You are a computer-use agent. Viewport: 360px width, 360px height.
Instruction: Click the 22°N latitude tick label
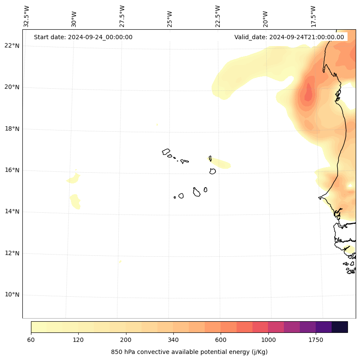point(12,46)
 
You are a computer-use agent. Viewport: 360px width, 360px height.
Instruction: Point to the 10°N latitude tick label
point(12,295)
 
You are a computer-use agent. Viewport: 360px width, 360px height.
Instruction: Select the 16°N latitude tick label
point(12,170)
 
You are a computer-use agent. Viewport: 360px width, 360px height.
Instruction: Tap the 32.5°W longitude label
point(27,16)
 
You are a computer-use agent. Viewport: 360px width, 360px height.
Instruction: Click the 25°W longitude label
point(170,19)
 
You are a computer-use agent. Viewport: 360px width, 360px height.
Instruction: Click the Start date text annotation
point(83,37)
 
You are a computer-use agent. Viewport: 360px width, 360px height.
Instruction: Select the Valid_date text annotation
point(289,37)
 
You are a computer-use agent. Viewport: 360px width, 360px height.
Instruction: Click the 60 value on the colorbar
point(31,340)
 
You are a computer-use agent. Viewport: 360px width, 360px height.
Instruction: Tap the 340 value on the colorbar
point(173,340)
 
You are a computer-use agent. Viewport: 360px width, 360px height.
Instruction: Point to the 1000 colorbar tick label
point(268,340)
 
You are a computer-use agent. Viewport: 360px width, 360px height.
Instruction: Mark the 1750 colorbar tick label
point(316,340)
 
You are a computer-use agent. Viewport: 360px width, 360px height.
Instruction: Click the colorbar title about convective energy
point(189,352)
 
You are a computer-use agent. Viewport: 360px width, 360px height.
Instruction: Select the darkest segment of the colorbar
point(340,327)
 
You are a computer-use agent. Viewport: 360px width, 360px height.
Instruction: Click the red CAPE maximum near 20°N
point(308,93)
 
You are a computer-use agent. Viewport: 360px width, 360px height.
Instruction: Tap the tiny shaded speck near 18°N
point(157,125)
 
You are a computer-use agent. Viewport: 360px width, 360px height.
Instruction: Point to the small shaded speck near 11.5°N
point(120,261)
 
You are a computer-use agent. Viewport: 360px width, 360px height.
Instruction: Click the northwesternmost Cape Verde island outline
point(166,152)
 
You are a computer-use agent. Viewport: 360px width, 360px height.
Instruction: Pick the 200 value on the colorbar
point(126,340)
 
